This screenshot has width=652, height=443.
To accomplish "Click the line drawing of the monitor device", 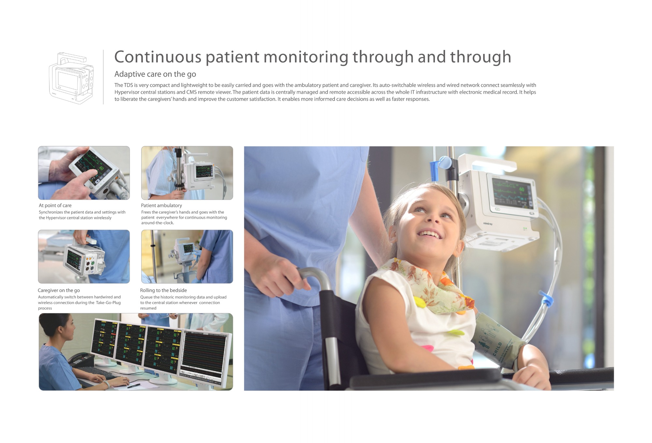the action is [71, 78].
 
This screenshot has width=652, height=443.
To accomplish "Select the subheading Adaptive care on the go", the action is [155, 74].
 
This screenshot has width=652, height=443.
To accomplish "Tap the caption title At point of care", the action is [55, 205].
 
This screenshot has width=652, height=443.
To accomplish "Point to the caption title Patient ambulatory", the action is [161, 205].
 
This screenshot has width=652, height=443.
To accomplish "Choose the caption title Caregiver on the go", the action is [59, 290].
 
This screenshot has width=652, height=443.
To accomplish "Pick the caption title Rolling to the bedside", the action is [163, 290].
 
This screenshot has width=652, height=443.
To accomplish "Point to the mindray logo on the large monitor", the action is [488, 224].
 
